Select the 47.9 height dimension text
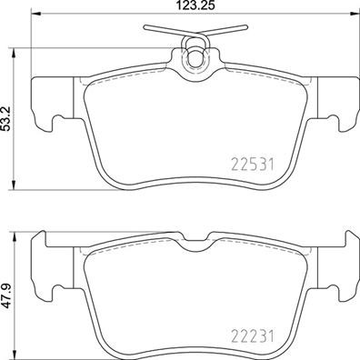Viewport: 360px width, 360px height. click(x=8, y=296)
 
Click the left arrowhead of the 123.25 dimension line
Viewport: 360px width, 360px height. click(x=35, y=18)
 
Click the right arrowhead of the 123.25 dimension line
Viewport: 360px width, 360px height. click(x=354, y=18)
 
